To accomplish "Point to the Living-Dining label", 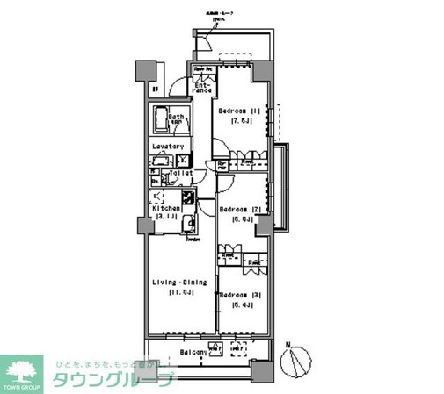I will (x=178, y=282).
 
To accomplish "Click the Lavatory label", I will (x=167, y=147).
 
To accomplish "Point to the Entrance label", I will (x=202, y=87).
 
